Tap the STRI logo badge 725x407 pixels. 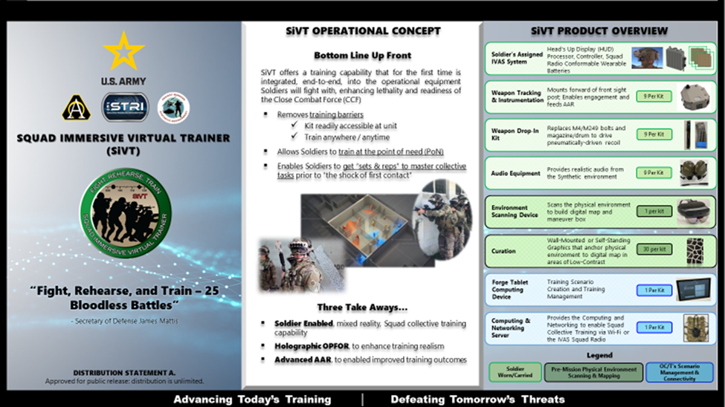point(124,107)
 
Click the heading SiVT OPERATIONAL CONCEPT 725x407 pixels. point(364,31)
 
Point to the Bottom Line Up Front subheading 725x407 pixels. point(363,55)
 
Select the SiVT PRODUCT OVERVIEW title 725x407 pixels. point(599,31)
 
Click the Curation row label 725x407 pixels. point(503,251)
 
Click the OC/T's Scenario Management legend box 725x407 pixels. point(680,372)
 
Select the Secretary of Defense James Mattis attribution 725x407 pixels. point(123,321)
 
